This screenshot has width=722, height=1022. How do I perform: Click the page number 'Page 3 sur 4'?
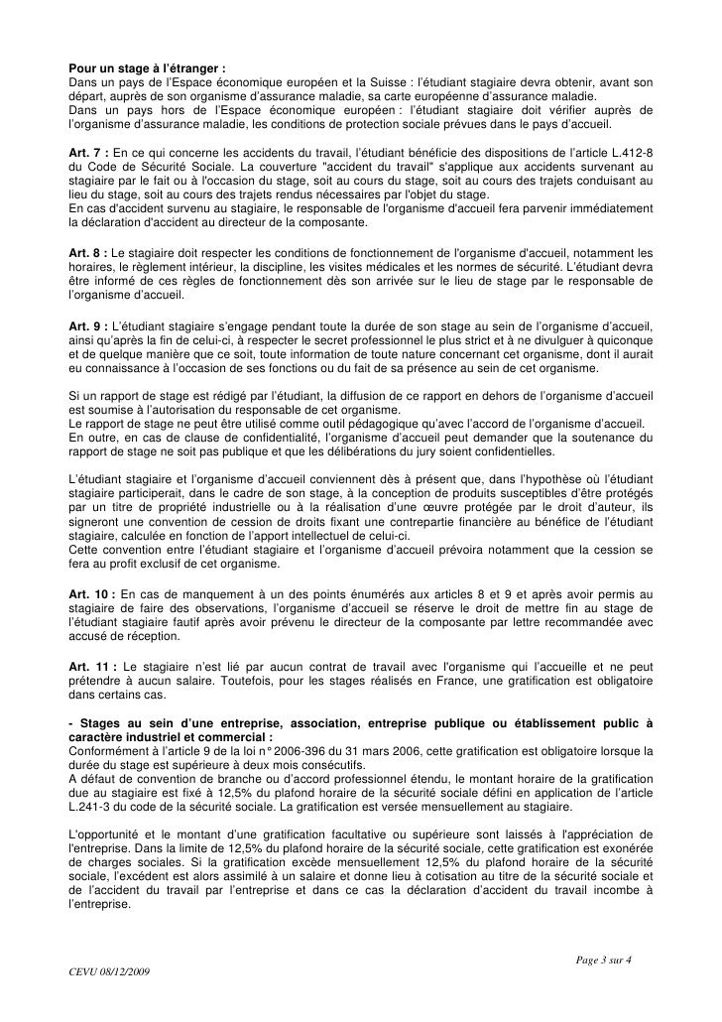click(x=608, y=960)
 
